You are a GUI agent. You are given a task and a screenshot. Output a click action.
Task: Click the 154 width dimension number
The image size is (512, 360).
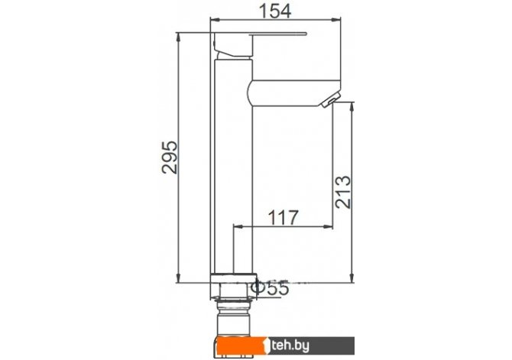[274, 11]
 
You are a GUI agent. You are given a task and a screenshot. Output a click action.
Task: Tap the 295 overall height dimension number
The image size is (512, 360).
[170, 157]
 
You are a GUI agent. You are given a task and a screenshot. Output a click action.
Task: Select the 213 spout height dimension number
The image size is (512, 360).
[343, 192]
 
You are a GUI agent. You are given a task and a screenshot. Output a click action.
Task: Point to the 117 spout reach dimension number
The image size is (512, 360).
[283, 217]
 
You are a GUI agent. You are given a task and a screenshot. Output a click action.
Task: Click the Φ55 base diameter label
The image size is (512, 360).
[272, 288]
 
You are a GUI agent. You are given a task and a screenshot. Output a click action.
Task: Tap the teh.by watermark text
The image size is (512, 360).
[290, 345]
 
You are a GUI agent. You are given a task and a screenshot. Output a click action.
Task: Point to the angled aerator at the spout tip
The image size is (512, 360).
[331, 99]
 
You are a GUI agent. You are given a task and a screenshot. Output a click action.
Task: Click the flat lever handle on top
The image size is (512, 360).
[278, 34]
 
